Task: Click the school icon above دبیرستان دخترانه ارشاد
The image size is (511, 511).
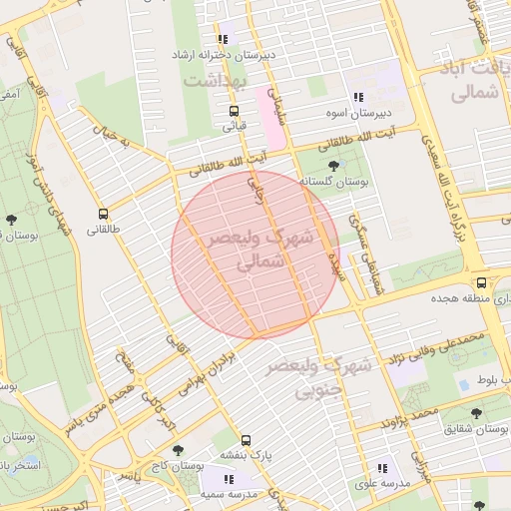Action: click(x=223, y=39)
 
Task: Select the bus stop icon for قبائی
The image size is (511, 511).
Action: click(x=234, y=111)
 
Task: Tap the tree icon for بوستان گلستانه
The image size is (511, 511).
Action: click(x=332, y=165)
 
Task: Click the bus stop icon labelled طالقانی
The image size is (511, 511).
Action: click(x=103, y=214)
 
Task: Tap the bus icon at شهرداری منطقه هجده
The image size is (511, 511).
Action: click(x=482, y=282)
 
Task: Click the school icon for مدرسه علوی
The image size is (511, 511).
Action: click(x=381, y=467)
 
